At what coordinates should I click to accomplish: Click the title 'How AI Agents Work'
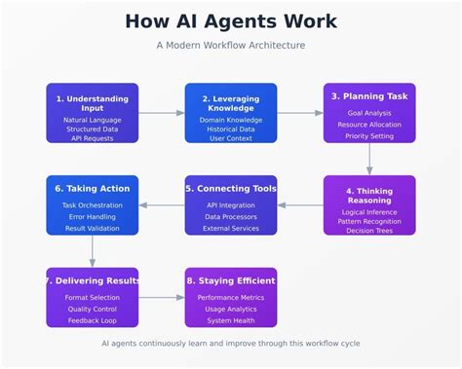(x=231, y=21)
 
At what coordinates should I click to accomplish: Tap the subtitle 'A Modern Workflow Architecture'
(x=231, y=46)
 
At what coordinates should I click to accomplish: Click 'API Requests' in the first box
(x=93, y=138)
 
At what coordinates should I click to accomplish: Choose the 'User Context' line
(x=231, y=138)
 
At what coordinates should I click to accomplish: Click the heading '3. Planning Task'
(x=369, y=96)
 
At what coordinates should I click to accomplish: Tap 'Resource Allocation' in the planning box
(x=369, y=126)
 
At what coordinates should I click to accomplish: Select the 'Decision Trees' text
(x=369, y=232)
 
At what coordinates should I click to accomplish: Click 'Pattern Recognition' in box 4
(x=369, y=221)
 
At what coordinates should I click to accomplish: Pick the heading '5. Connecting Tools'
(x=231, y=189)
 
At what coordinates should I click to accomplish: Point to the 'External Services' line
(x=231, y=229)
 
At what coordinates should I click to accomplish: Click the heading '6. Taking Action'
(x=93, y=189)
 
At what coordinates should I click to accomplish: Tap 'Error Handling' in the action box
(x=93, y=217)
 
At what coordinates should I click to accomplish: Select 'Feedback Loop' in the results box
(x=93, y=320)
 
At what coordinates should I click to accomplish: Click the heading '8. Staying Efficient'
(x=231, y=281)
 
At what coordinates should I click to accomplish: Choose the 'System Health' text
(x=231, y=320)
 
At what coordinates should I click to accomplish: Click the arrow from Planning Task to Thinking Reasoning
(x=369, y=159)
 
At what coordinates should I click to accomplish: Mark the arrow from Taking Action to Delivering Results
(x=93, y=251)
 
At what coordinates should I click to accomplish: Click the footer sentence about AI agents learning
(x=231, y=344)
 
